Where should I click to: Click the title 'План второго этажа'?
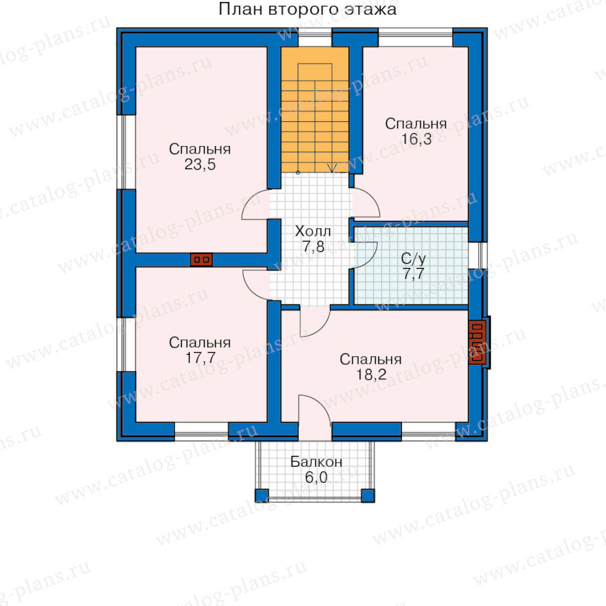pyautogui.click(x=307, y=9)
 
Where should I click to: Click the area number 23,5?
pyautogui.click(x=200, y=165)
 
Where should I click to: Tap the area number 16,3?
pyautogui.click(x=416, y=139)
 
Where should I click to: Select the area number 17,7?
pyautogui.click(x=200, y=358)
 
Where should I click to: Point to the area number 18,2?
pyautogui.click(x=370, y=374)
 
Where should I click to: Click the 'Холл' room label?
pyautogui.click(x=312, y=232)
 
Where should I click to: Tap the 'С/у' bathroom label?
pyautogui.click(x=413, y=259)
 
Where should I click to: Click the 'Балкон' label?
pyautogui.click(x=316, y=462)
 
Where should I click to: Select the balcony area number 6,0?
pyautogui.click(x=316, y=477)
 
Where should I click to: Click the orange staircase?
pyautogui.click(x=314, y=110)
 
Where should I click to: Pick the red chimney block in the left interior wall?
pyautogui.click(x=201, y=260)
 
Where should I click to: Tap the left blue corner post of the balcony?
pyautogui.click(x=262, y=496)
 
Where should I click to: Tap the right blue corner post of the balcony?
pyautogui.click(x=368, y=496)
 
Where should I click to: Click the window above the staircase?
pyautogui.click(x=314, y=38)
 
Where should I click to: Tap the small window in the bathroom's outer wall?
pyautogui.click(x=478, y=255)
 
